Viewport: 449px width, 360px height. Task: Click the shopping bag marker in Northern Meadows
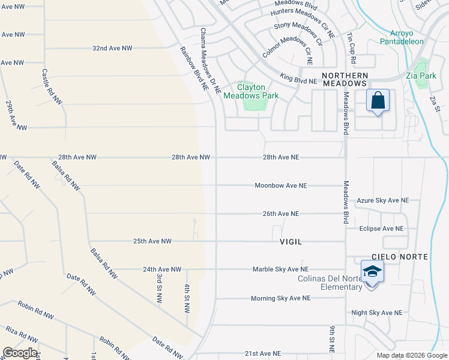click(378, 101)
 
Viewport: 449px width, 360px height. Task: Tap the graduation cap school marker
click(372, 271)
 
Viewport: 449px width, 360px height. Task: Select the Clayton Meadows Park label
click(251, 91)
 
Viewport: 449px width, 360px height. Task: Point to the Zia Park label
click(421, 76)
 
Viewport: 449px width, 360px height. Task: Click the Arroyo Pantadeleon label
click(402, 37)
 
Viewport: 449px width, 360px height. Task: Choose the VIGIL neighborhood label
click(291, 241)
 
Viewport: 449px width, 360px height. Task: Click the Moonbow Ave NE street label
click(280, 185)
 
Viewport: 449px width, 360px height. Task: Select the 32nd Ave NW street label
click(112, 48)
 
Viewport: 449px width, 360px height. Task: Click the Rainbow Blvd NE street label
click(192, 68)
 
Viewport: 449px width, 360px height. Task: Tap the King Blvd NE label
click(298, 77)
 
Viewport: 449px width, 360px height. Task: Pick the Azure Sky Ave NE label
click(382, 200)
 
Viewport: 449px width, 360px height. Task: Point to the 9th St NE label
click(331, 339)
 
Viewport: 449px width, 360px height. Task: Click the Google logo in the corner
click(20, 353)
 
